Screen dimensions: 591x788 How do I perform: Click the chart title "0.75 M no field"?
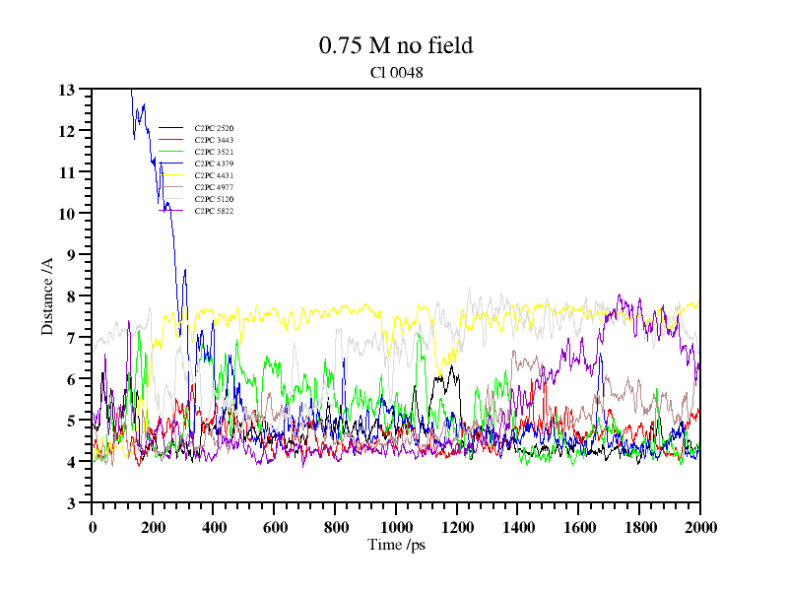[x=396, y=45]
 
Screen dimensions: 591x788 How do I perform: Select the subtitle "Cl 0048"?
[x=396, y=72]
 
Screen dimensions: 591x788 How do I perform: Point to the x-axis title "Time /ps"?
[x=396, y=544]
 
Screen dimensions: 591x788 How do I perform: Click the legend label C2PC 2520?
[x=214, y=128]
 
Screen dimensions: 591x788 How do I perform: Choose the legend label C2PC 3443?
[x=214, y=140]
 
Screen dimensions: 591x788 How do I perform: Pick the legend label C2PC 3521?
[x=214, y=152]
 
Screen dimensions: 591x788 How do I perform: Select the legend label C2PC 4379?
[x=214, y=164]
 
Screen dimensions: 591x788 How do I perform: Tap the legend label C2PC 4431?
[x=214, y=175]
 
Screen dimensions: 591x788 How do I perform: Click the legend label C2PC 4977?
[x=214, y=187]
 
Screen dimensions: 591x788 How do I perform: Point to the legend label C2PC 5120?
[x=214, y=199]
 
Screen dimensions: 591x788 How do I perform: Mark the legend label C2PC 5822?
[x=214, y=211]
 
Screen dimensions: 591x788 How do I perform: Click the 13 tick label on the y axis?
[x=67, y=90]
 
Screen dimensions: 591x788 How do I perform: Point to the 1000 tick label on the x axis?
[x=396, y=526]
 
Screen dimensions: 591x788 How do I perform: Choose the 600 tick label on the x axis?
[x=274, y=526]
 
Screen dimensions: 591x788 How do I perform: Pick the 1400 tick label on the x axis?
[x=517, y=526]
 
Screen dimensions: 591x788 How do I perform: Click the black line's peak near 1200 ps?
[x=452, y=366]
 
